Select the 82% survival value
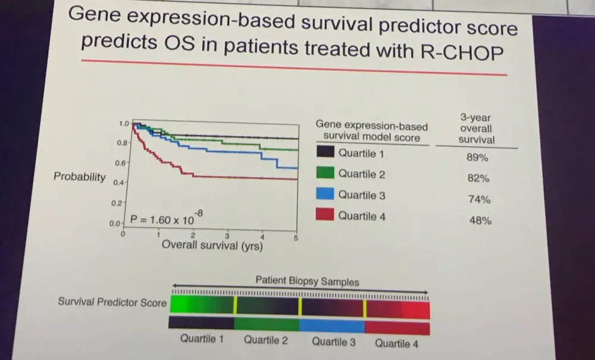click(x=478, y=179)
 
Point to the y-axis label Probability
click(x=80, y=177)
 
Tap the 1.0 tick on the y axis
click(x=124, y=124)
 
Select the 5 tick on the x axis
click(x=296, y=239)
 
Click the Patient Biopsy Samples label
click(x=307, y=280)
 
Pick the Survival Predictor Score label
click(x=112, y=302)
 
